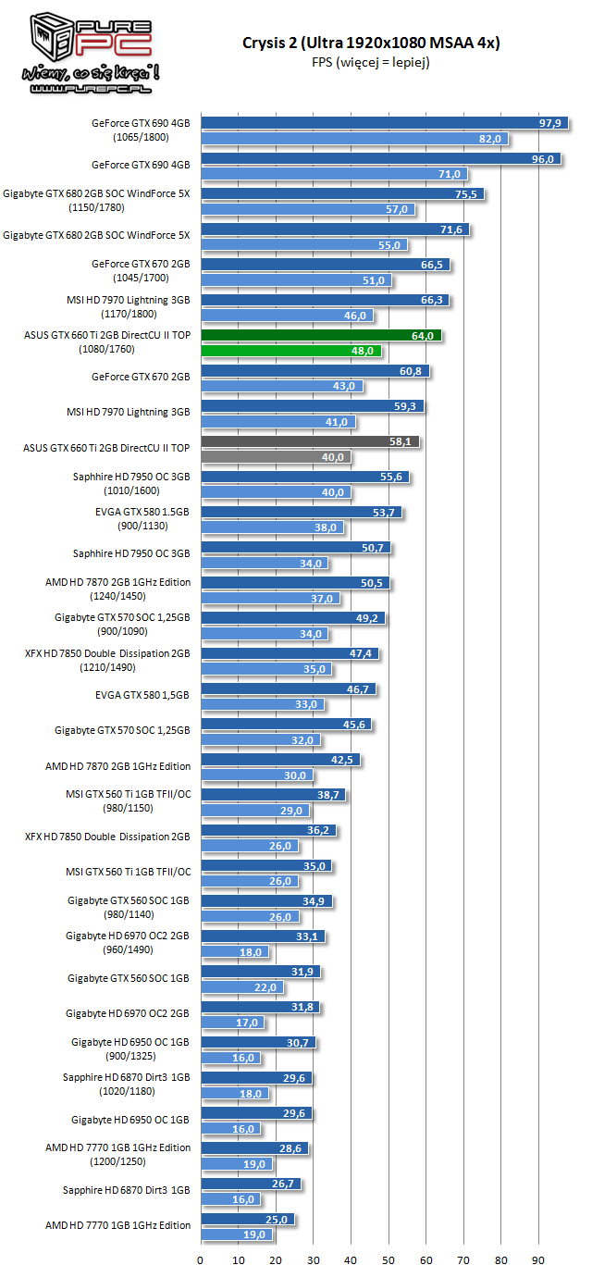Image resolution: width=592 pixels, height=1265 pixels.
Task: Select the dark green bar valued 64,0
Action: pos(321,335)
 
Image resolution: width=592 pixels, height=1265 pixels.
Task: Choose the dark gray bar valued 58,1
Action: pos(310,441)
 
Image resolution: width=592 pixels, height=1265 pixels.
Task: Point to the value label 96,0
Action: pos(542,159)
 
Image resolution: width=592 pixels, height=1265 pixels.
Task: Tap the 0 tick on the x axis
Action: pos(201,1259)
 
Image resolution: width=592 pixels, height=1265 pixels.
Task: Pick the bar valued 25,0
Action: pos(247,1219)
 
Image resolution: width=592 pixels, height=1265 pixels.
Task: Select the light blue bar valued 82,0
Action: pos(354,139)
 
